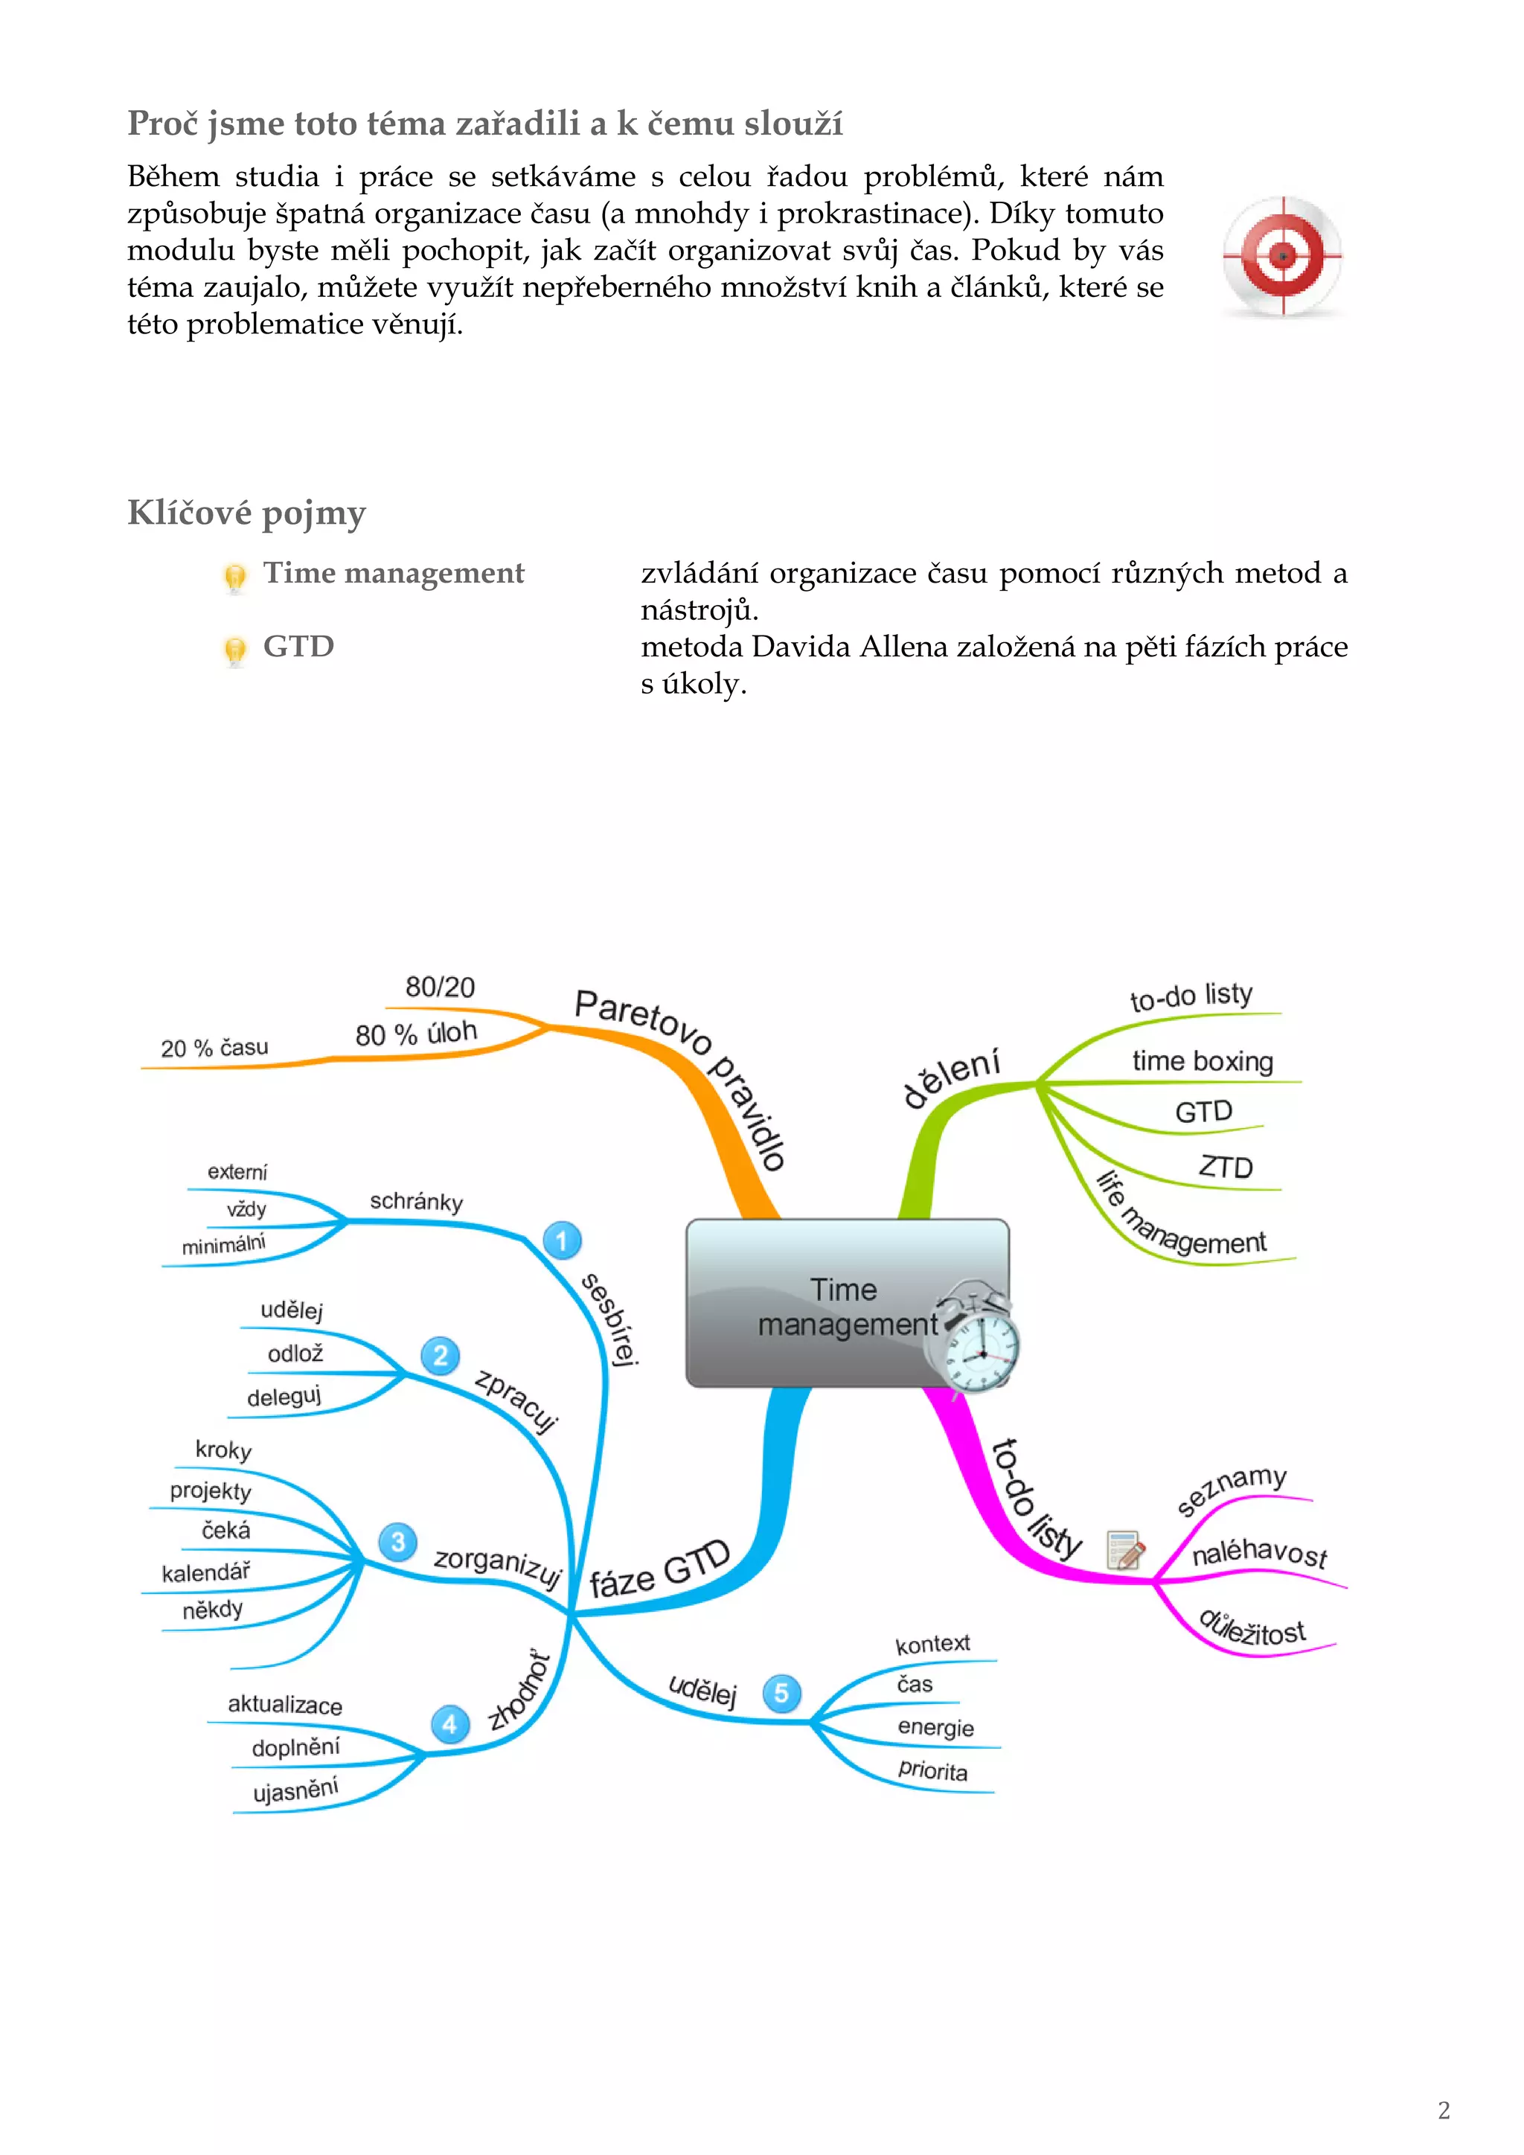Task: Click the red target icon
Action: [1282, 255]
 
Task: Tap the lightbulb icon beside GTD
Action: [234, 650]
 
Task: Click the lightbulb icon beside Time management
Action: [234, 576]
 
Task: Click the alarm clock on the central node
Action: [974, 1340]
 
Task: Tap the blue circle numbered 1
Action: [562, 1240]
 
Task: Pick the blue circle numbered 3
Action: [398, 1542]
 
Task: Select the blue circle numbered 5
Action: [781, 1693]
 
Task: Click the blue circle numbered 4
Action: [449, 1723]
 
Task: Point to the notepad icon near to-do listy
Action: [1125, 1549]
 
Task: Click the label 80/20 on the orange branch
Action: [440, 987]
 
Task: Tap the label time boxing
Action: [1202, 1062]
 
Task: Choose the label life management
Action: [1182, 1218]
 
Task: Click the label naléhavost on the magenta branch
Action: [1259, 1553]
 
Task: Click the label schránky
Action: [416, 1201]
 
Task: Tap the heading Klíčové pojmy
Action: [247, 513]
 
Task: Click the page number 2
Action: [1444, 2111]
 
